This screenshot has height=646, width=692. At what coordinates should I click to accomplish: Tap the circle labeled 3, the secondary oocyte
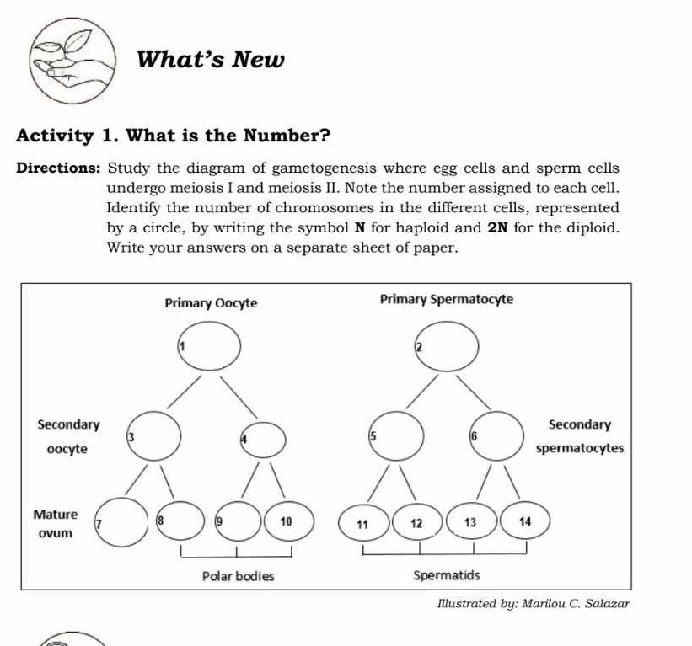(154, 435)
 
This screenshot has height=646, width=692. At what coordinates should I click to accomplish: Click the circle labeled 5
(395, 435)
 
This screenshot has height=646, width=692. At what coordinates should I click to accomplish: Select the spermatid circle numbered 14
(471, 523)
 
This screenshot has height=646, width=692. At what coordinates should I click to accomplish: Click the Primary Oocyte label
(211, 302)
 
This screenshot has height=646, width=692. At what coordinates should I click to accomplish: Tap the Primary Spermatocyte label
(446, 300)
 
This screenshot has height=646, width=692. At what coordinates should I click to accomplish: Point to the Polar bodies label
(238, 577)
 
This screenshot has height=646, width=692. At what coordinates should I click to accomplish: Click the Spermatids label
(446, 577)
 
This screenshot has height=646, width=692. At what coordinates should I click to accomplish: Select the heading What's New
(211, 61)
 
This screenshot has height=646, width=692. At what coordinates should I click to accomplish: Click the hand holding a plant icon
(71, 62)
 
